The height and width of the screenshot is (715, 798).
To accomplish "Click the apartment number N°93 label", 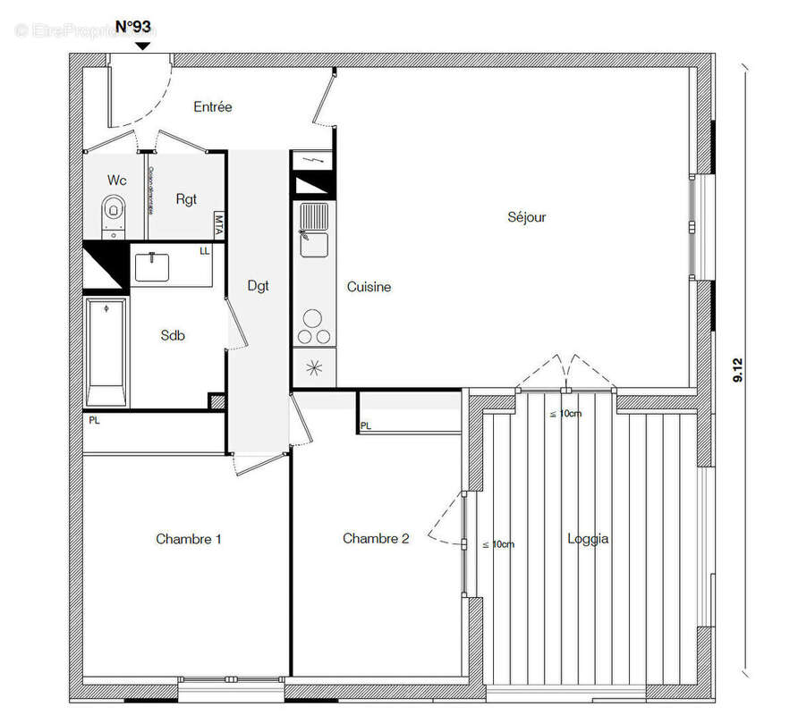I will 133,26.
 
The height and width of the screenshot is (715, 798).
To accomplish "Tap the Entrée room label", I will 213,107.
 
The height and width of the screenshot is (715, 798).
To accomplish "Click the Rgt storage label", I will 186,199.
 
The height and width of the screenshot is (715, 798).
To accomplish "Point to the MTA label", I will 218,224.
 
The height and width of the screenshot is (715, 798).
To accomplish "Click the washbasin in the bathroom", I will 156,265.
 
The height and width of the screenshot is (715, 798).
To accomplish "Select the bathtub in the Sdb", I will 106,353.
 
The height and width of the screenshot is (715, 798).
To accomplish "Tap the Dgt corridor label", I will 258,286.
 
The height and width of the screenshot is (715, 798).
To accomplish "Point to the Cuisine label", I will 369,287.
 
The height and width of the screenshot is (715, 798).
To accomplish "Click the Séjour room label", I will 526,217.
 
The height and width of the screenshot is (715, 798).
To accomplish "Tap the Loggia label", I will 588,539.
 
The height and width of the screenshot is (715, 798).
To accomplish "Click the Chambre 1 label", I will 189,539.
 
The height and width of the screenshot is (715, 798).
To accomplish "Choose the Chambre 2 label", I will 376,538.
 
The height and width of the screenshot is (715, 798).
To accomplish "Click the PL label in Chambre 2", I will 365,426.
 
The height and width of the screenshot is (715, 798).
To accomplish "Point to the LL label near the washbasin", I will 205,251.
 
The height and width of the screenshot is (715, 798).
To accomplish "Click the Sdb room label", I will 173,335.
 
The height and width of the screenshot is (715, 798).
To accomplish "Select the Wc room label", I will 117,181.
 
